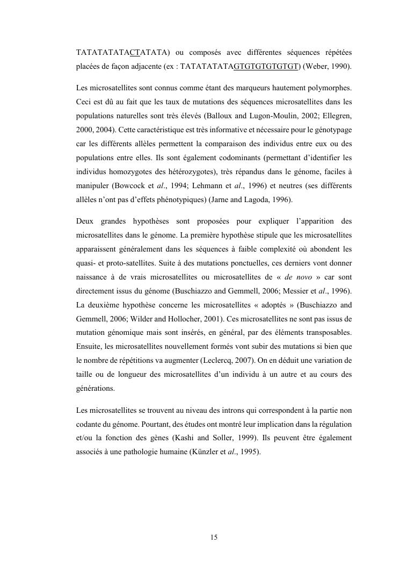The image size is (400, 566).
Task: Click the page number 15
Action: point(214,537)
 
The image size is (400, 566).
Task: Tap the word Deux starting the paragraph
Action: point(86,221)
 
